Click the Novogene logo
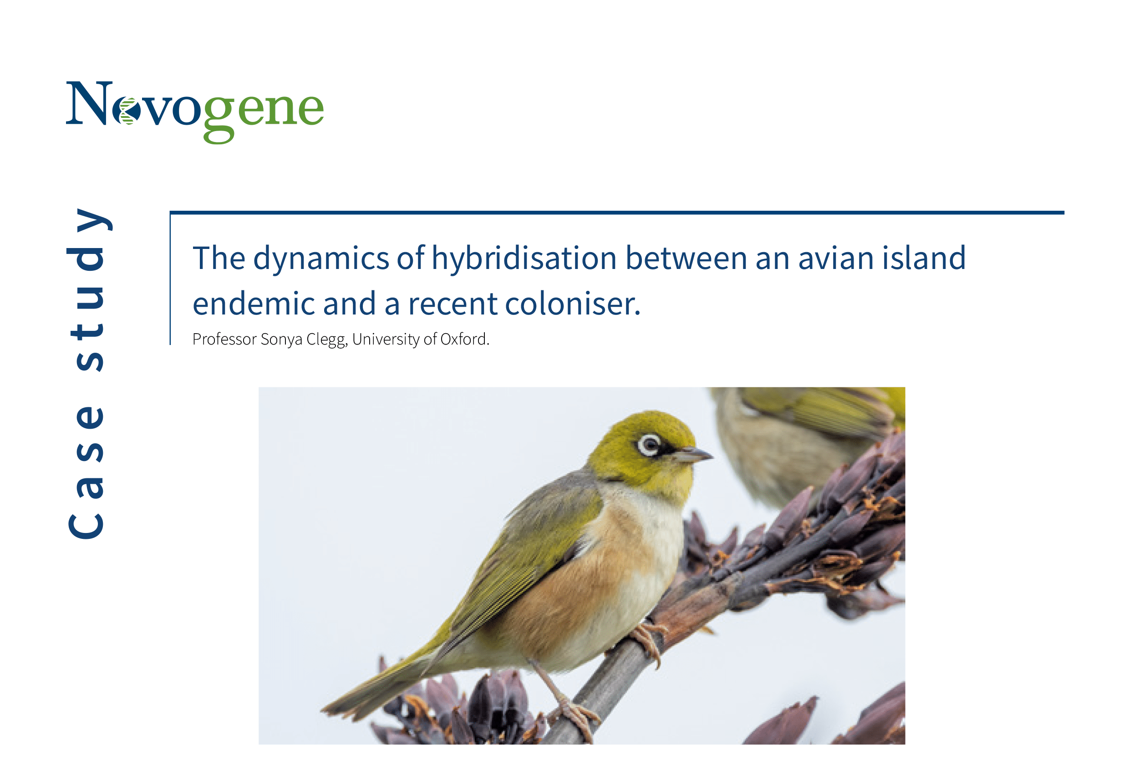click(x=195, y=112)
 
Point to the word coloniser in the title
click(x=573, y=304)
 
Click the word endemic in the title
click(x=253, y=304)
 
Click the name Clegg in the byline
click(x=326, y=340)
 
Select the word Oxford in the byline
click(x=464, y=339)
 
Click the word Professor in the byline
click(x=224, y=339)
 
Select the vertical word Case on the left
click(x=86, y=471)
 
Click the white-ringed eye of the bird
click(x=650, y=445)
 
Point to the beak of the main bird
click(x=692, y=455)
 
